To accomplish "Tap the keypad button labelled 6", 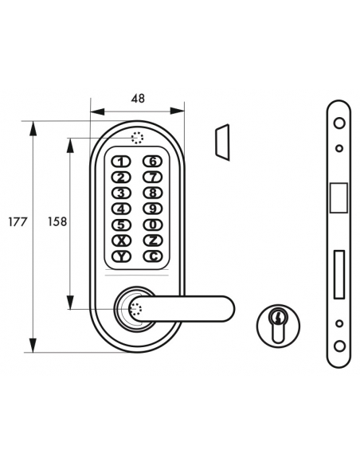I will [x=151, y=162].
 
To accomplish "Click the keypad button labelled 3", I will [x=120, y=193].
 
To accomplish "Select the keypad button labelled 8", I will [x=151, y=193].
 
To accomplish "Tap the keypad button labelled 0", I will [x=151, y=225].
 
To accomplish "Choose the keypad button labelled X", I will [x=120, y=240].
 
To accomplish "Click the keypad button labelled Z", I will [x=151, y=240].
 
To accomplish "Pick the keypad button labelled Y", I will [x=120, y=256].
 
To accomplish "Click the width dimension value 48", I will [x=137, y=99].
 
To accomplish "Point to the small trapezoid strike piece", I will [x=221, y=141].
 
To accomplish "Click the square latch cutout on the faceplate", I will [x=338, y=197].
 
